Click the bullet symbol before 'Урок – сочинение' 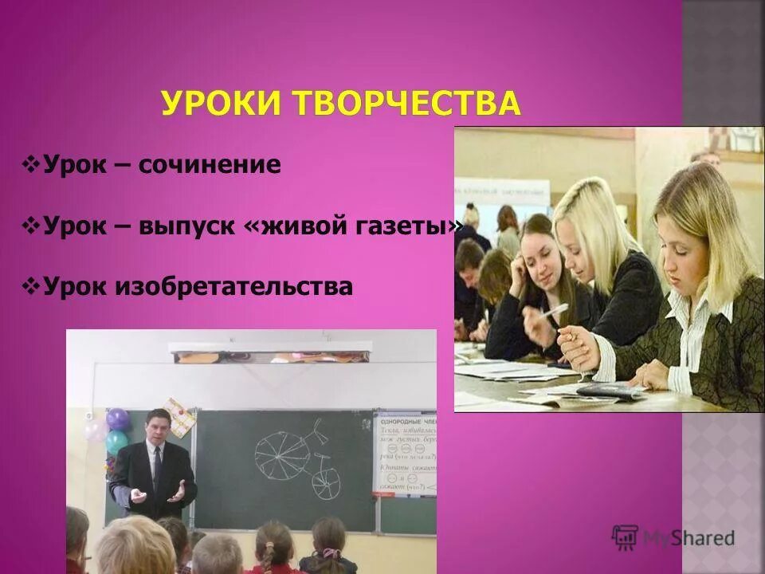pyautogui.click(x=33, y=166)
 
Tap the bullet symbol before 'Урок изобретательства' pyautogui.click(x=33, y=285)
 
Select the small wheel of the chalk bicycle pyautogui.click(x=327, y=483)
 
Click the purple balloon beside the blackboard pyautogui.click(x=117, y=419)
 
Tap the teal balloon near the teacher pyautogui.click(x=116, y=441)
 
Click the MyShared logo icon pyautogui.click(x=625, y=538)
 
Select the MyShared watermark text pyautogui.click(x=689, y=539)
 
